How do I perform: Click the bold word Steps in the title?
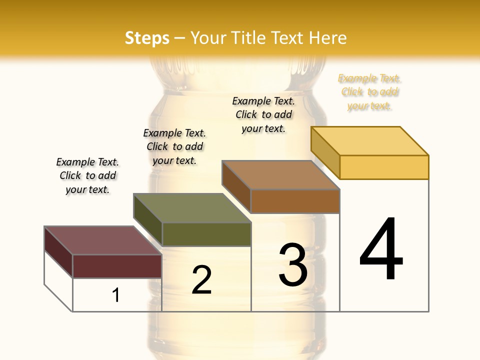[x=147, y=38]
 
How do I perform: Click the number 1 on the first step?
[x=115, y=295]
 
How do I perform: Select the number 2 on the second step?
[x=201, y=280]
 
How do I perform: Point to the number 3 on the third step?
[x=293, y=265]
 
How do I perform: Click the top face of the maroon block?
[x=103, y=240]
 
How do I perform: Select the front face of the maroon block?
[x=117, y=266]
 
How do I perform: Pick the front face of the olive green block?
[x=206, y=234]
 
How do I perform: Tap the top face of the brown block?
[x=280, y=175]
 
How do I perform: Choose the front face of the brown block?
[x=295, y=201]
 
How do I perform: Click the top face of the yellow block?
[x=369, y=141]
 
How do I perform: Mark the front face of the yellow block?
[x=384, y=167]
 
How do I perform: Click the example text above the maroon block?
[x=87, y=175]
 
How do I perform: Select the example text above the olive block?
[x=174, y=146]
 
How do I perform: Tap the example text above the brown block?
[x=263, y=114]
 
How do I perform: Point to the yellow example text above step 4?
[x=369, y=92]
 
